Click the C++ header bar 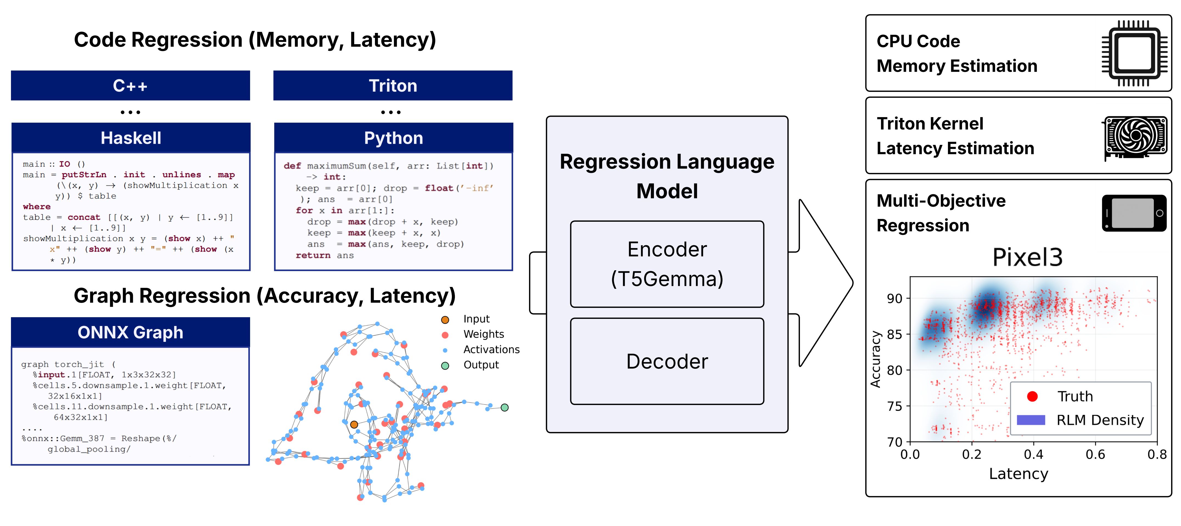click(130, 86)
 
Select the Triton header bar click(393, 86)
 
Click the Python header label click(393, 138)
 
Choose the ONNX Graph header click(130, 332)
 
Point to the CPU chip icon click(1134, 53)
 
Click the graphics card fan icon click(1135, 136)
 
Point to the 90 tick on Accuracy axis click(894, 299)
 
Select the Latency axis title click(1018, 473)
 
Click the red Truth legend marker click(1032, 396)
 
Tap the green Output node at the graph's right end click(504, 407)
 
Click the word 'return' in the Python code click(313, 255)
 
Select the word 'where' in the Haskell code click(37, 207)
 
